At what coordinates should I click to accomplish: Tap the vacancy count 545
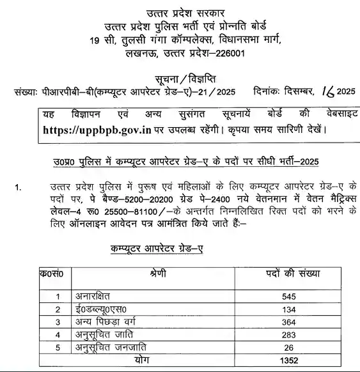click(x=290, y=297)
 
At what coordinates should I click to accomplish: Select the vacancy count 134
click(x=290, y=309)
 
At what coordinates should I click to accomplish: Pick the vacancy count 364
click(x=290, y=322)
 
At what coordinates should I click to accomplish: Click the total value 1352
click(x=290, y=360)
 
